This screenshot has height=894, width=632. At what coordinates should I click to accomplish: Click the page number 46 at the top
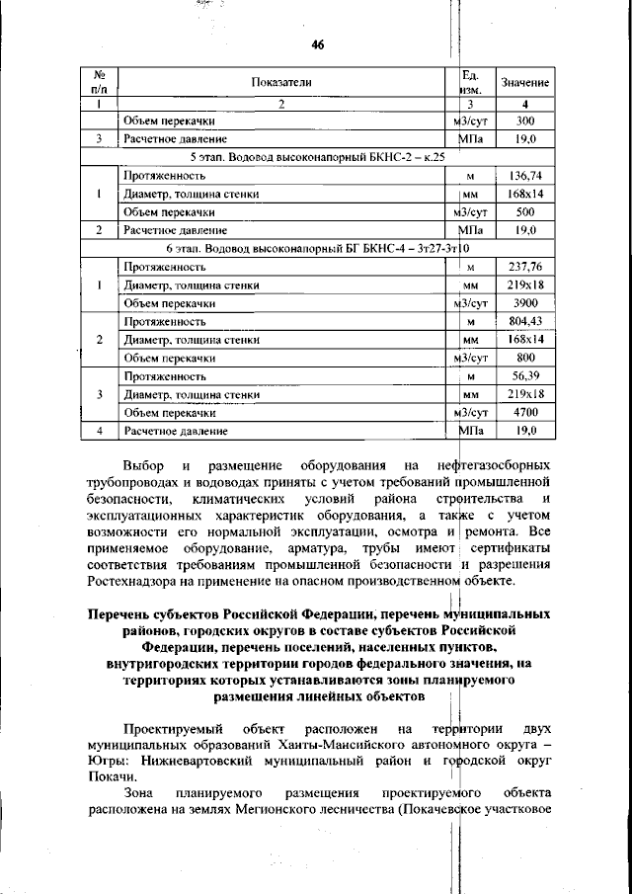click(x=317, y=44)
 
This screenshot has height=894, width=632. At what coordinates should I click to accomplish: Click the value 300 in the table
click(x=525, y=121)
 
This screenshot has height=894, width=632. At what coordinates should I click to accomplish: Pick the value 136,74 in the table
click(x=525, y=175)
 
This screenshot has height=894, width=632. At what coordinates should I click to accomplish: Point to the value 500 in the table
click(x=525, y=211)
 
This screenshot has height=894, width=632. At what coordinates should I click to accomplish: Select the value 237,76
click(x=525, y=267)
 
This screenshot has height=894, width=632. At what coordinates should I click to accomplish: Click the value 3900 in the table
click(x=525, y=303)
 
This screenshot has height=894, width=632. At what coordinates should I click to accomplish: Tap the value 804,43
click(x=525, y=322)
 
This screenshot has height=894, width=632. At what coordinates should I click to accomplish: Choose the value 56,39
click(x=525, y=376)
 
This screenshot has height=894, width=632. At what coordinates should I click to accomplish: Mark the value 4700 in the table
click(x=525, y=413)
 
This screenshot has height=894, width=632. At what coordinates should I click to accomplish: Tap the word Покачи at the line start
click(x=110, y=779)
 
